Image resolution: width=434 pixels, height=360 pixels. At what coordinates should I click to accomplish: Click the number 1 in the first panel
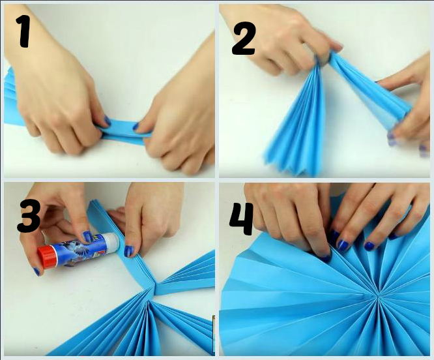(24, 31)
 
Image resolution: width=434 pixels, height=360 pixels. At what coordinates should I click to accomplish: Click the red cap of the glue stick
(47, 257)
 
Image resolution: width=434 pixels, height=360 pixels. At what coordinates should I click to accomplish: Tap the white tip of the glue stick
(113, 243)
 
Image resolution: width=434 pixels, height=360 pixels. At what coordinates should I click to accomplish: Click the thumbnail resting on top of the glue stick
(88, 236)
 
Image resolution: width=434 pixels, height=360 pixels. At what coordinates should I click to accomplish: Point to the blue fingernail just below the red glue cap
(36, 271)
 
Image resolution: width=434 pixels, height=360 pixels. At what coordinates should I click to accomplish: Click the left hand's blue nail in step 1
(108, 120)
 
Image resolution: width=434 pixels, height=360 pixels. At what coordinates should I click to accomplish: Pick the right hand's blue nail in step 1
(136, 127)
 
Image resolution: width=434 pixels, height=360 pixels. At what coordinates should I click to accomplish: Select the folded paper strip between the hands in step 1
(126, 132)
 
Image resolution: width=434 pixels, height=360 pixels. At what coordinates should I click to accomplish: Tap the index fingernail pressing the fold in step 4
(326, 258)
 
